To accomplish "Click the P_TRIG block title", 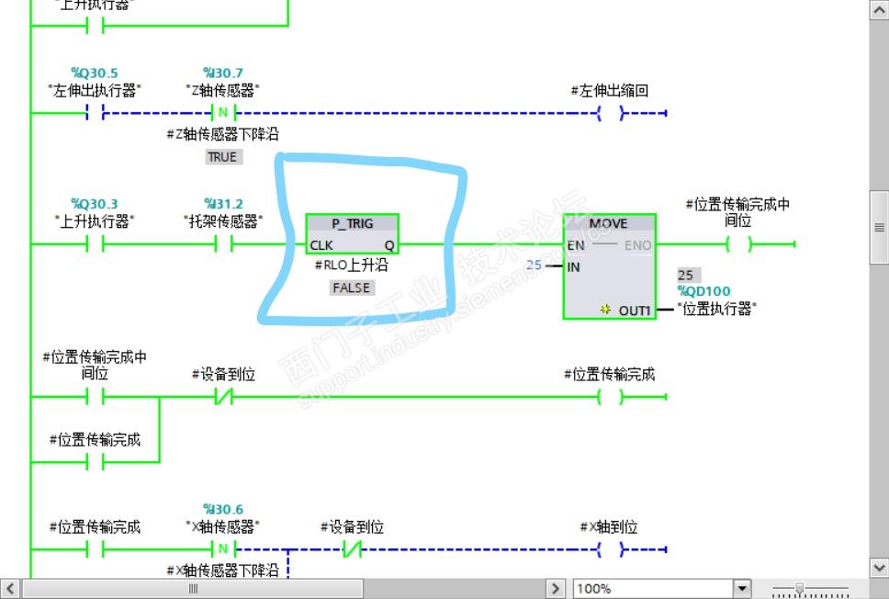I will point(352,224).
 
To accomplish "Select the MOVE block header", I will point(608,223).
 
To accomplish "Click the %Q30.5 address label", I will point(94,73).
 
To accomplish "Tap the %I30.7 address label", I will point(223,73).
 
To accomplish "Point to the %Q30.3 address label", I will point(94,204).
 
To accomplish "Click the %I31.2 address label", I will point(223,204).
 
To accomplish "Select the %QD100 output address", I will point(704,291).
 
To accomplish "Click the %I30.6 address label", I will point(223,509).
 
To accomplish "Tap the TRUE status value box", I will point(222,157).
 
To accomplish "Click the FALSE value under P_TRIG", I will point(352,288).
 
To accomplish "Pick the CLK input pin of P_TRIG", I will point(321,245).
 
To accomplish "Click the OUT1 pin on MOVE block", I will point(634,311).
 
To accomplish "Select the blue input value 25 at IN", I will point(534,266).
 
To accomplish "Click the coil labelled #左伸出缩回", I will point(610,114).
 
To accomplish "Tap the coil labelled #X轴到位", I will point(610,550).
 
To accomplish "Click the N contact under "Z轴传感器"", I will point(223,114).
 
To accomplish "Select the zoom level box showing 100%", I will point(652,588).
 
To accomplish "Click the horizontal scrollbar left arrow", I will point(10,588).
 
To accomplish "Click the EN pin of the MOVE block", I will point(576,245).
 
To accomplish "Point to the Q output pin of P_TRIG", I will point(388,245).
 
